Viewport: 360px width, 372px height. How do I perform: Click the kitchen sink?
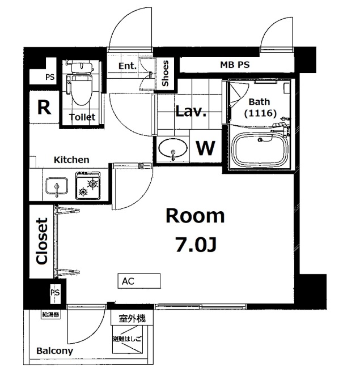(57, 186)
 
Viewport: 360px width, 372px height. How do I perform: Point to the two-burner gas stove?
(88, 186)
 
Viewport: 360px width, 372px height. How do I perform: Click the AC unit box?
(139, 281)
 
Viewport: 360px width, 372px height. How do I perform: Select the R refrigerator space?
(44, 108)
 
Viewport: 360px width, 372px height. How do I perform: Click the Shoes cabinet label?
(165, 73)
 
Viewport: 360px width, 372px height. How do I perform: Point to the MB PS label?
(235, 65)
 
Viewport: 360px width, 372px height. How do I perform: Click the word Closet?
(42, 241)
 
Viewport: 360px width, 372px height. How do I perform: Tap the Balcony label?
(54, 350)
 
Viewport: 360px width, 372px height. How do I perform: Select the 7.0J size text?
(196, 245)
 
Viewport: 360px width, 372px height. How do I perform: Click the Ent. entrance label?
(128, 66)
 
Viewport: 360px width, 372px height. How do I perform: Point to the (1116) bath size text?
(260, 113)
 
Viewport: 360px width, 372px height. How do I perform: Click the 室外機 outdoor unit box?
(132, 318)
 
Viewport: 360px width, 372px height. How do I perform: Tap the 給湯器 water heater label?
(50, 315)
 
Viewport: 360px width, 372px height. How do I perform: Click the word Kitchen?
(71, 160)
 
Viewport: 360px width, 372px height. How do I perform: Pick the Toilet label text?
(82, 117)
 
